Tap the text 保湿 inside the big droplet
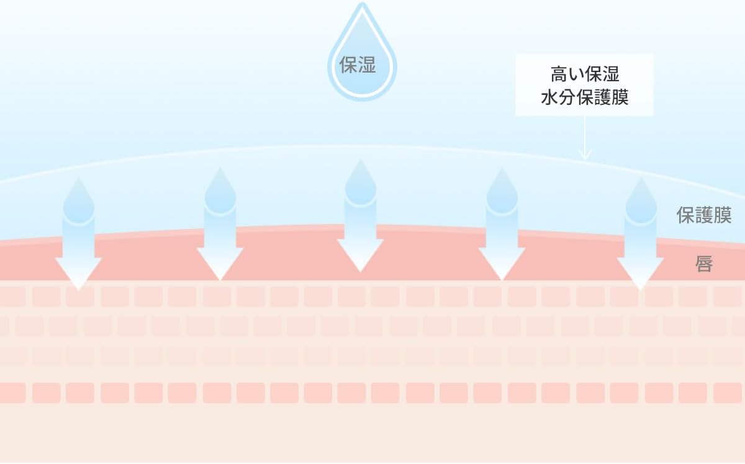coord(358,65)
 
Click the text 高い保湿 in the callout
coord(584,76)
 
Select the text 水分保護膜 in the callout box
coord(584,97)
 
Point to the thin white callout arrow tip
coord(585,158)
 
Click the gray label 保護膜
coord(703,215)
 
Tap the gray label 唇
coord(703,265)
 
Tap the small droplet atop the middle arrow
coord(360,182)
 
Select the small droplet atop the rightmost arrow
coord(640,200)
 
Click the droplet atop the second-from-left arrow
coord(220,189)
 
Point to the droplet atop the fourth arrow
coord(502,189)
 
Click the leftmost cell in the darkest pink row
coord(12,393)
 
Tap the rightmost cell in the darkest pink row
coord(727,393)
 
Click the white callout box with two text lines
coord(584,85)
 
